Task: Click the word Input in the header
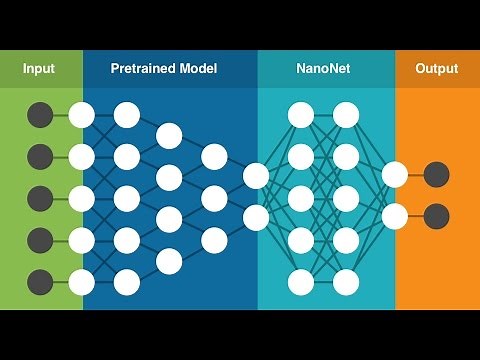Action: point(39,69)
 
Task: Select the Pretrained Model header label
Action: point(163,69)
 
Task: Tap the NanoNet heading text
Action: point(323,69)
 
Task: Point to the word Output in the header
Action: point(436,69)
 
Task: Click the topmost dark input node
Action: point(40,114)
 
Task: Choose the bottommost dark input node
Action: point(40,280)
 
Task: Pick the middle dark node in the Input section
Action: point(40,197)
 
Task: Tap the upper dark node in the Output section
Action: point(436,175)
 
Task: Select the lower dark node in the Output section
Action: point(436,216)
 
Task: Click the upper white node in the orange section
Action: point(395,175)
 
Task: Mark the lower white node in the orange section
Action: point(395,216)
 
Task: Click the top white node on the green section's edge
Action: point(81,114)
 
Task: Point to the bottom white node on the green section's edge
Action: point(81,280)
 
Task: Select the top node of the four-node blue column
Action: point(168,135)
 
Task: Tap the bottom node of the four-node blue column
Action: point(168,260)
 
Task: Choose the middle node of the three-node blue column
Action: point(213,197)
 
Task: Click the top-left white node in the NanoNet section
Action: point(300,114)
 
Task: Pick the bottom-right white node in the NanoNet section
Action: point(346,280)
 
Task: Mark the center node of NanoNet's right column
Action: point(346,197)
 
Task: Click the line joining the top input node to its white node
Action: point(60,114)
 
